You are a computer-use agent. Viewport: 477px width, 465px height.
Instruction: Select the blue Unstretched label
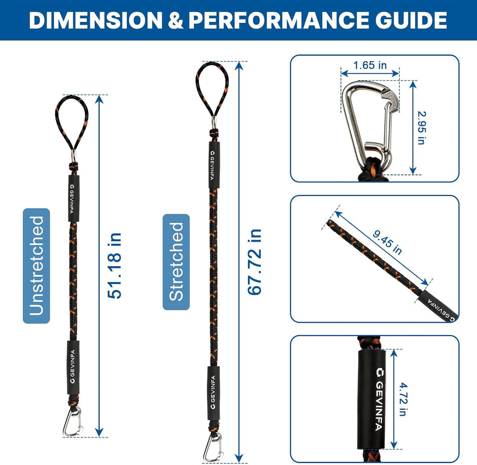[x=36, y=265]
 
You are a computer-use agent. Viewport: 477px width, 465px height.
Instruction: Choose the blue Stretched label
[x=176, y=262]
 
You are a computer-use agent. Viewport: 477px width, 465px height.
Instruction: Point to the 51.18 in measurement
[x=115, y=265]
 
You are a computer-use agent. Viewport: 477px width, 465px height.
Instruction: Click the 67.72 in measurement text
[x=255, y=262]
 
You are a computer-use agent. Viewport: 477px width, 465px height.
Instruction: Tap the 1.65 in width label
[x=370, y=65]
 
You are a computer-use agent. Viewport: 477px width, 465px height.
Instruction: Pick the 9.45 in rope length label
[x=387, y=243]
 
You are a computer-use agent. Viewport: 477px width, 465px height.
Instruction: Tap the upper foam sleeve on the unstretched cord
[x=74, y=199]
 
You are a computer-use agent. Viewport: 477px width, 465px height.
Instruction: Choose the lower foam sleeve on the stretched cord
[x=213, y=393]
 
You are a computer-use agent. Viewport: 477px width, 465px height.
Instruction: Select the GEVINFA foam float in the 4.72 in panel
[x=371, y=399]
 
